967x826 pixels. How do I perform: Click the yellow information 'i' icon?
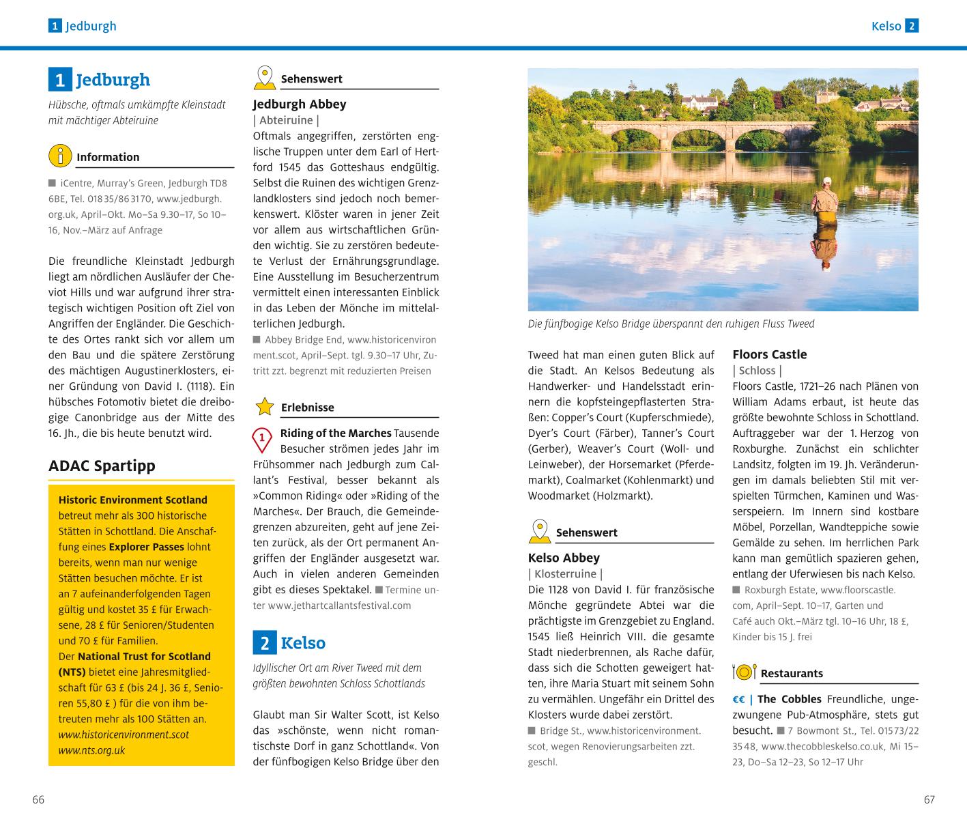click(60, 156)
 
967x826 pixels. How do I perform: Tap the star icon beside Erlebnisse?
click(264, 407)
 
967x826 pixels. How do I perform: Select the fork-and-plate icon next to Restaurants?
click(744, 672)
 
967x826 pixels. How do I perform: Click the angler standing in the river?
click(824, 205)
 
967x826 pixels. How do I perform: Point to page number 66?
click(38, 799)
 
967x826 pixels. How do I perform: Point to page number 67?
click(929, 799)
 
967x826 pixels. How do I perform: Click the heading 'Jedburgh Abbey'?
click(300, 104)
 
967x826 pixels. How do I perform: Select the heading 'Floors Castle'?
click(769, 354)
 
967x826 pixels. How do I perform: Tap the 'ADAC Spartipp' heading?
click(102, 466)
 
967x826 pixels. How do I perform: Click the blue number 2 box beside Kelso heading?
click(265, 643)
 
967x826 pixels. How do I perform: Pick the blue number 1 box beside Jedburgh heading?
click(60, 80)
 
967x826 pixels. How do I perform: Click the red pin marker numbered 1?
click(261, 440)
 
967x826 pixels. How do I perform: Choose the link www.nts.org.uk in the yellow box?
click(91, 750)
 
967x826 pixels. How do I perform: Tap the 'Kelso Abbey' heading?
click(564, 558)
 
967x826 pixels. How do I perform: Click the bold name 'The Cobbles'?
click(790, 699)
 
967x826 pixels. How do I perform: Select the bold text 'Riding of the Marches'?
click(336, 433)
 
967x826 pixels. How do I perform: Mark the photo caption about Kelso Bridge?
click(671, 324)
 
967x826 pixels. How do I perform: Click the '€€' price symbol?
click(738, 699)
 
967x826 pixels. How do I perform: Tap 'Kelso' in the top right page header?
click(886, 27)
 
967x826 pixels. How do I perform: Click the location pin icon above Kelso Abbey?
click(540, 531)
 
